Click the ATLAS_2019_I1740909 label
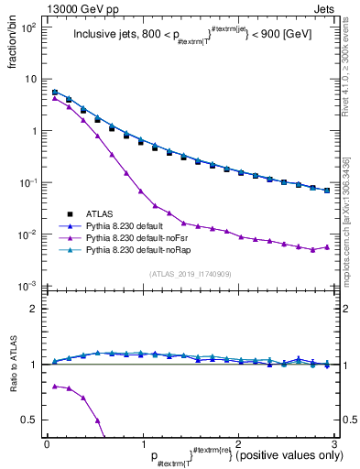click(190, 275)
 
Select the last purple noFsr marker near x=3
click(326, 246)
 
